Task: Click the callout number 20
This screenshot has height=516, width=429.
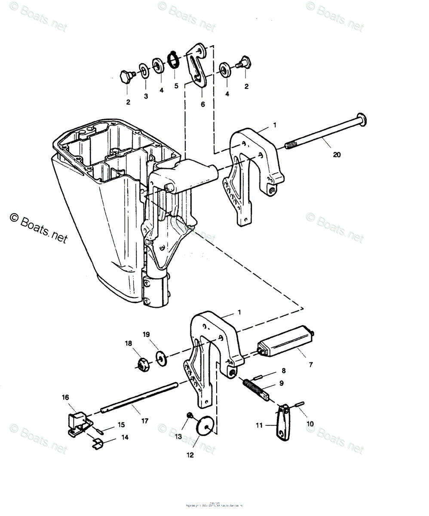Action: [337, 155]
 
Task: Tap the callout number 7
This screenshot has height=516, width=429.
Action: [310, 365]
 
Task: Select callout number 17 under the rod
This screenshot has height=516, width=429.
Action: [145, 421]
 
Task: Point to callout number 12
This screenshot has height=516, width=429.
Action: [190, 455]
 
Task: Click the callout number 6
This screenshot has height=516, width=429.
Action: [203, 104]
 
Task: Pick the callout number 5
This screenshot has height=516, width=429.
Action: [176, 86]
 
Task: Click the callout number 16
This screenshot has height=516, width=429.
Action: [65, 398]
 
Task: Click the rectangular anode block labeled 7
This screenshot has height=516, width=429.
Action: [282, 342]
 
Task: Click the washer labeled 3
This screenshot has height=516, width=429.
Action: [143, 71]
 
